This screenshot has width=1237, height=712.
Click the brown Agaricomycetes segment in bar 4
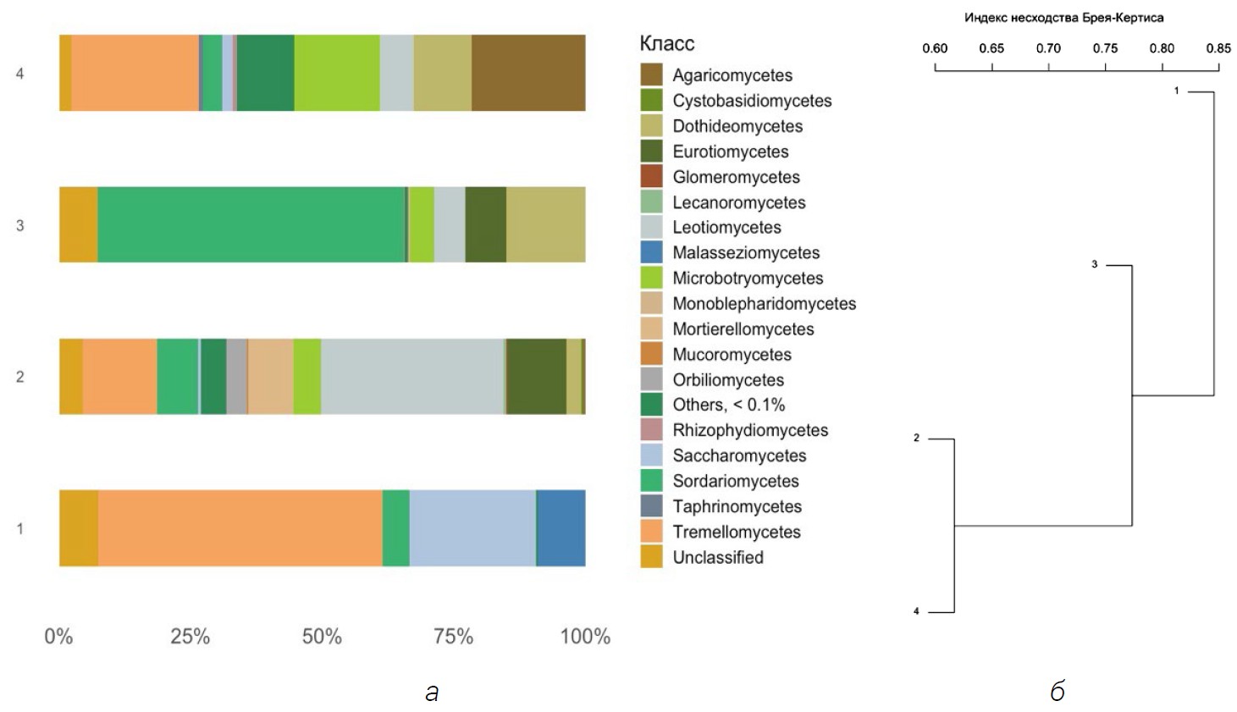click(x=528, y=73)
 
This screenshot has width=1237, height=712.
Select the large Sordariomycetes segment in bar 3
click(x=251, y=224)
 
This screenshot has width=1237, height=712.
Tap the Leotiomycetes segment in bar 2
click(x=411, y=377)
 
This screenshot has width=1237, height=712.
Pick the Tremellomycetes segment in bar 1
click(x=240, y=527)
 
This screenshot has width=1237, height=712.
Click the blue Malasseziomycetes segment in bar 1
click(x=561, y=527)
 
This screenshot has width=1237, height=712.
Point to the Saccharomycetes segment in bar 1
click(x=472, y=527)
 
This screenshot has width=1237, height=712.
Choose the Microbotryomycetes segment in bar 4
click(x=336, y=73)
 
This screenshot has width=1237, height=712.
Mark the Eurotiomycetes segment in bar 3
click(x=485, y=224)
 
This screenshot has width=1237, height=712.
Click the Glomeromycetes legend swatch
click(x=651, y=176)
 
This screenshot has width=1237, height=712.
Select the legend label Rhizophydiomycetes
click(x=750, y=430)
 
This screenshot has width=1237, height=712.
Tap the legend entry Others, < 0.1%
click(x=728, y=405)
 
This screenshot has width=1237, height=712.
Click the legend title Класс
click(x=666, y=44)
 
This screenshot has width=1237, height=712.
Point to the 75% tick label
click(x=453, y=637)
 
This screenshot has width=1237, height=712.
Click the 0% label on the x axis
click(x=58, y=637)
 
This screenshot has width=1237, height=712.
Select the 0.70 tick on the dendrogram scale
click(x=1048, y=48)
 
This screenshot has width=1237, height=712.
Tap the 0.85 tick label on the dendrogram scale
click(x=1218, y=48)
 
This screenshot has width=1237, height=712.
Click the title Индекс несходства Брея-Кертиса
click(x=1063, y=18)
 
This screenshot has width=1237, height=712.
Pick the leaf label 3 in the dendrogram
click(x=1094, y=265)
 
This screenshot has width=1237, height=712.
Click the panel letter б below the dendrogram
click(x=1057, y=692)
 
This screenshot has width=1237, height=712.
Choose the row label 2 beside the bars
click(x=20, y=377)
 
